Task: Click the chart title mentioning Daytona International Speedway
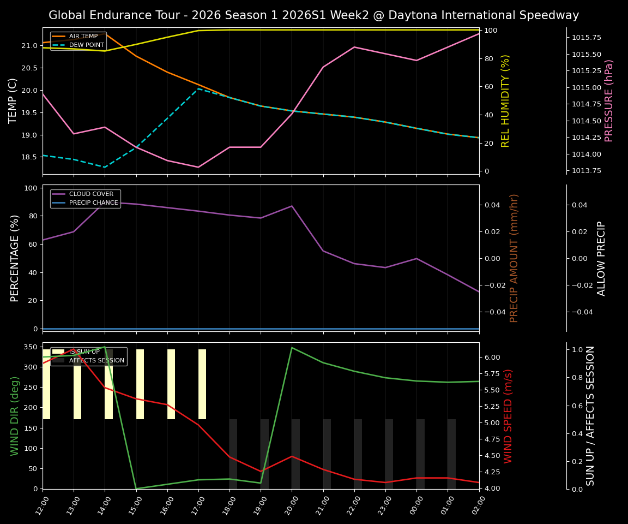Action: tap(313, 15)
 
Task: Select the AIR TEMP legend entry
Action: tap(83, 37)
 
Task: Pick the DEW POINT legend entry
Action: tap(86, 45)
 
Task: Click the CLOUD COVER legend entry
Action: tap(91, 194)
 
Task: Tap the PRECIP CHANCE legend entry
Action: tap(93, 203)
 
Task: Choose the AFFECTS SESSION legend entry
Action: tap(96, 361)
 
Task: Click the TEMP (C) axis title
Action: tap(13, 100)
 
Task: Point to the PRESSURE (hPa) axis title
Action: tap(609, 100)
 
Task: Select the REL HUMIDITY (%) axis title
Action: tap(505, 100)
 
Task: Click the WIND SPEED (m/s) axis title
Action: tap(508, 416)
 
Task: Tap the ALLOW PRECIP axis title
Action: tap(601, 258)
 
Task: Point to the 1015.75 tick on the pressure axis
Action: tap(586, 38)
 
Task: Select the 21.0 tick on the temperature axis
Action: tap(29, 46)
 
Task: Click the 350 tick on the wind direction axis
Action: tap(31, 347)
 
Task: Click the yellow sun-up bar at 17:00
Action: tap(202, 384)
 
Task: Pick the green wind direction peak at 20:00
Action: tap(292, 348)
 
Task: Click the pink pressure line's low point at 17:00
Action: tap(198, 167)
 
